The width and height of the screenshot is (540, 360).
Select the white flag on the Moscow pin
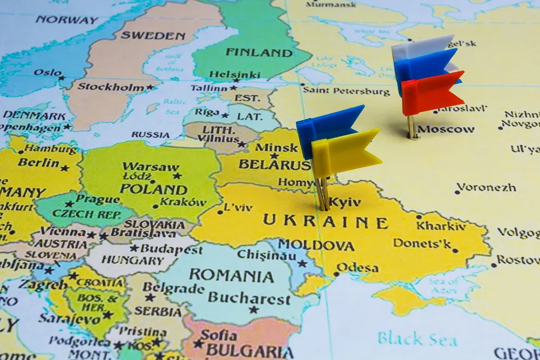point(421,47)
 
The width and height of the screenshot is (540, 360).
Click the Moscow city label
point(446,130)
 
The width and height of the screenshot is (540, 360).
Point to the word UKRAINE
point(326,221)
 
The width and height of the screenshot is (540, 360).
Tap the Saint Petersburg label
point(346,91)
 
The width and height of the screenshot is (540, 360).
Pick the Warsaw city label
point(143,166)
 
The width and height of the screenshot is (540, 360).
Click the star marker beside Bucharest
point(253,309)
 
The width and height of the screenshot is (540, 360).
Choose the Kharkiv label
point(441,226)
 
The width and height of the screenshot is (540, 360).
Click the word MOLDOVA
point(316,246)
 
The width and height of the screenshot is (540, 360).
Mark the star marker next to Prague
point(69,203)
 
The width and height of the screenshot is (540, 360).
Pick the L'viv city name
point(238,207)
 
